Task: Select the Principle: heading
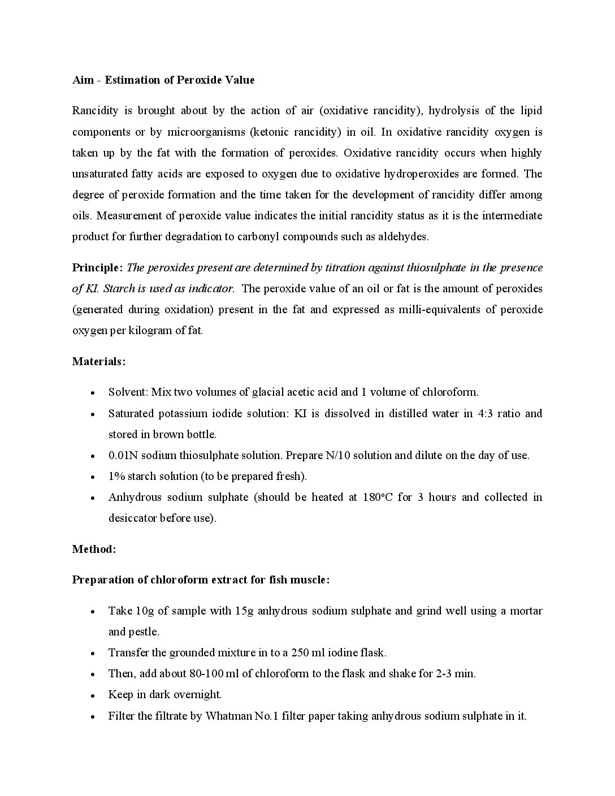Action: [x=97, y=268]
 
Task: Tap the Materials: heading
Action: [x=99, y=362]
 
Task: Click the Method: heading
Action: [x=94, y=549]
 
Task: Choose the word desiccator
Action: [x=132, y=518]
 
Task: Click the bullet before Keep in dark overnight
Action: [x=92, y=695]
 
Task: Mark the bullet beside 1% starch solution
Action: [x=92, y=477]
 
